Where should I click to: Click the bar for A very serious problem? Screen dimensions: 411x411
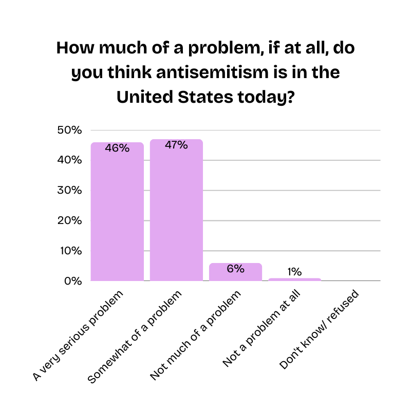117,216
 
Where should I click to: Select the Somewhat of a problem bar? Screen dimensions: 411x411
176,216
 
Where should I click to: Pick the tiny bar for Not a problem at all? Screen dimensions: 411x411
294,279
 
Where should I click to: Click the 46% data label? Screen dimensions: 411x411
117,148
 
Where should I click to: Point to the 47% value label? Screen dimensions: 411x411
176,145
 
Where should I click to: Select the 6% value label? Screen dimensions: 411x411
235,268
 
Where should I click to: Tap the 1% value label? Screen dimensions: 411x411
294,272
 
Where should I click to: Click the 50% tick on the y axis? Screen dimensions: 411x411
69,130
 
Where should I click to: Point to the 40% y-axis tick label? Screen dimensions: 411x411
69,160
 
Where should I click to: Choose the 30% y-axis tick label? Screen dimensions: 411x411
69,191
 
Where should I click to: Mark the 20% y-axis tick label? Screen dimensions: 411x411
69,221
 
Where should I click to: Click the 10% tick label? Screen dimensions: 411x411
69,251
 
